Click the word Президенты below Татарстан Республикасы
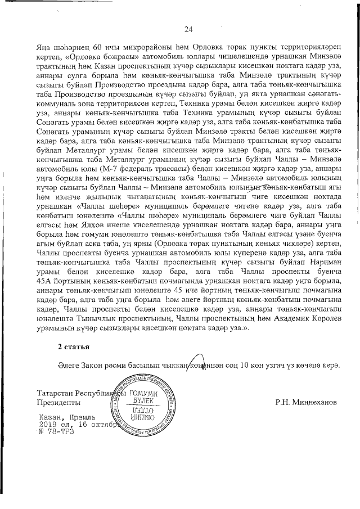point(55,403)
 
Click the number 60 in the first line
point(98,46)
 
